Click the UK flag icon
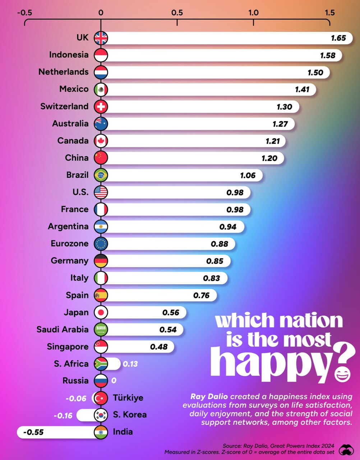101,38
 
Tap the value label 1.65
338,38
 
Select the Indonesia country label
69,55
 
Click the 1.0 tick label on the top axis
253,13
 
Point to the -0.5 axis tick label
24,13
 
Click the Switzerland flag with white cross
101,106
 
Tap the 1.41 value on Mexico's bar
302,89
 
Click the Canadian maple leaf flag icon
101,141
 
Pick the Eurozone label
69,244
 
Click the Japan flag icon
101,312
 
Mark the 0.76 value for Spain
201,295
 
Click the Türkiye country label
128,398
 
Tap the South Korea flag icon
101,415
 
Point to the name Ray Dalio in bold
209,397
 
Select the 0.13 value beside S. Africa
130,364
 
